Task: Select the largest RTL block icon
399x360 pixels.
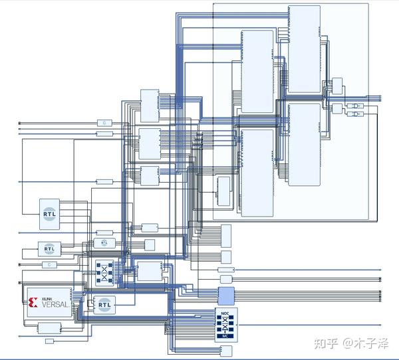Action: pos(50,214)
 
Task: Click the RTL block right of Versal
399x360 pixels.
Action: pos(104,305)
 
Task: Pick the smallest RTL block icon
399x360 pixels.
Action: pos(104,243)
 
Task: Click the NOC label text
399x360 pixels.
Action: pos(225,313)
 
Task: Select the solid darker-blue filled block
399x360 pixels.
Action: pos(226,296)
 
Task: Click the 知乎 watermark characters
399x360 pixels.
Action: pos(327,343)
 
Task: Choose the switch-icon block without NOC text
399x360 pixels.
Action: pos(104,271)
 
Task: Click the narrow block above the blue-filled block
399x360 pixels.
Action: pos(226,270)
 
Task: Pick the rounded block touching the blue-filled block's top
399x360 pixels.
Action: pos(225,280)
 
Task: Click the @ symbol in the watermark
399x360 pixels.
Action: pos(347,343)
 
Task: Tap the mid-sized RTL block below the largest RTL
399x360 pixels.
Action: pos(49,248)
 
